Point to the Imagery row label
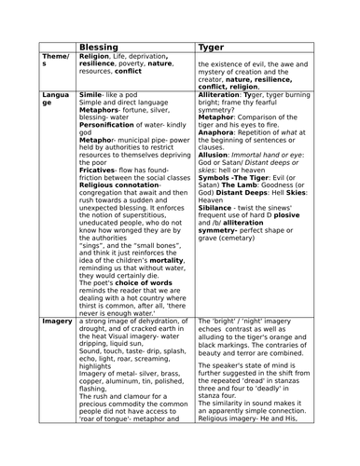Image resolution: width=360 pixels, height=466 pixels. click(58, 321)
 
